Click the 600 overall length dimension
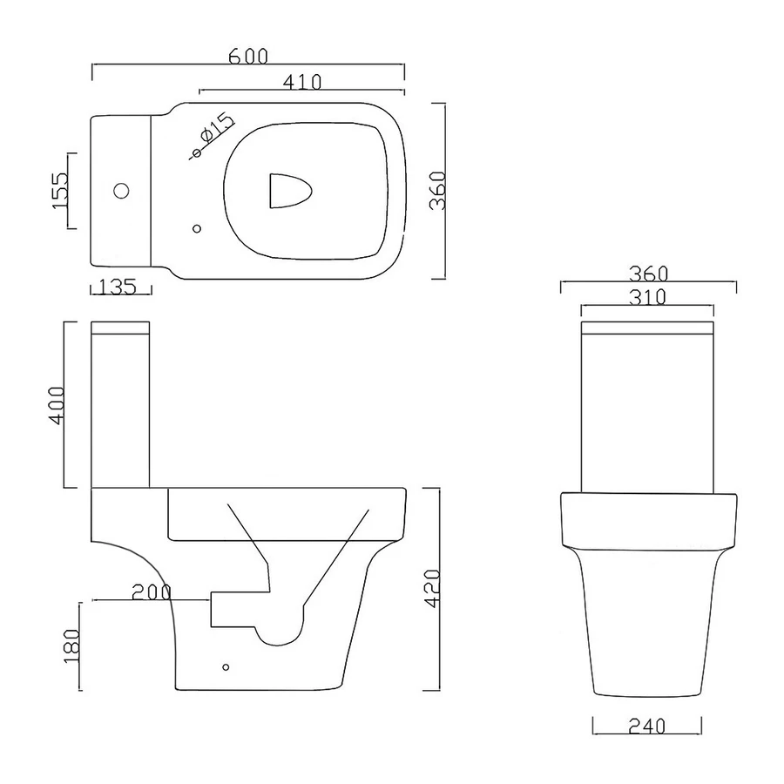248,57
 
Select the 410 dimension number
302,82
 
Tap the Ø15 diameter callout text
216,129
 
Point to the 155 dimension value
59,191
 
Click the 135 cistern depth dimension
118,287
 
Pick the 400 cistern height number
57,405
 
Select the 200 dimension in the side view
152,592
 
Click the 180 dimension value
72,646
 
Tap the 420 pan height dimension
432,589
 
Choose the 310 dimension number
647,298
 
